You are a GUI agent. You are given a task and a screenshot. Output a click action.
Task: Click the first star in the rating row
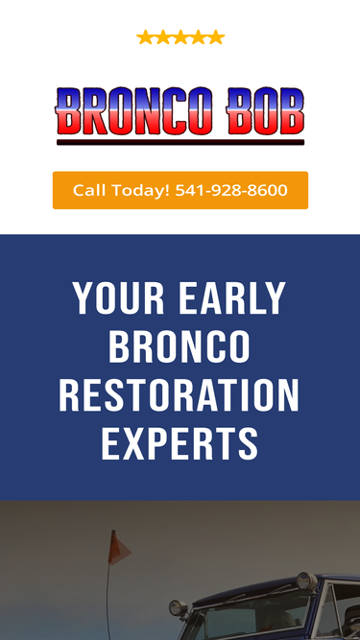145,37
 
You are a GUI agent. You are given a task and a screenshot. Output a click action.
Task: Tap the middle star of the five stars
180,37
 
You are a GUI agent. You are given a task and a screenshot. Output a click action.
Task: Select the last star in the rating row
216,37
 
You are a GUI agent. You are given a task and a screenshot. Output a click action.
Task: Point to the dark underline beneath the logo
180,142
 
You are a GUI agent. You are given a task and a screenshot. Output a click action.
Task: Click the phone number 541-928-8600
231,190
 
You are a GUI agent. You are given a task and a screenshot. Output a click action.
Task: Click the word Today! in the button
140,190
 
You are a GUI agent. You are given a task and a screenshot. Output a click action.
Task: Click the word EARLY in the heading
234,299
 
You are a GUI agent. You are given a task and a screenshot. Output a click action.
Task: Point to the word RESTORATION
180,395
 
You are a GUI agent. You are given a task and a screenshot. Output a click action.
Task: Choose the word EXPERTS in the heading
180,443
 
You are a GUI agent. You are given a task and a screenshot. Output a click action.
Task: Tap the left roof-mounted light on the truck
177,608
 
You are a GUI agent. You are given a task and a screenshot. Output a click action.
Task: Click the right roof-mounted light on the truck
304,582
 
